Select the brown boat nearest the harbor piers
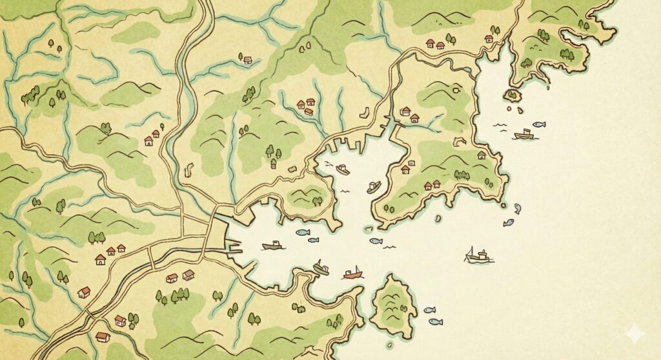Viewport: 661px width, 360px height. pyautogui.click(x=273, y=246)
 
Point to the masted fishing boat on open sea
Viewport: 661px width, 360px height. pyautogui.click(x=478, y=256)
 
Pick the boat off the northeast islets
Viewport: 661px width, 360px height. pyautogui.click(x=524, y=134)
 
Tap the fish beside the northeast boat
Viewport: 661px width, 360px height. pyautogui.click(x=539, y=124)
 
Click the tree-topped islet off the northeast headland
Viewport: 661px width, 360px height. pyautogui.click(x=512, y=95)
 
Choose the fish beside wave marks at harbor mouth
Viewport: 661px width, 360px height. pyautogui.click(x=376, y=241)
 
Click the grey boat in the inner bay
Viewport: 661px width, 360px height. pyautogui.click(x=374, y=187)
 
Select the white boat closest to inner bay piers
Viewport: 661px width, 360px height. pyautogui.click(x=343, y=170)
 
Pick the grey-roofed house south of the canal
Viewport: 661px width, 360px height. pyautogui.click(x=188, y=275)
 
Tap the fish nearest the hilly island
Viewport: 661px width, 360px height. pyautogui.click(x=429, y=310)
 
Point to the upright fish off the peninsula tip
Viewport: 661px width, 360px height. pyautogui.click(x=517, y=208)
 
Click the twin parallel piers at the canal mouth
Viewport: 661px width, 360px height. pyautogui.click(x=232, y=246)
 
